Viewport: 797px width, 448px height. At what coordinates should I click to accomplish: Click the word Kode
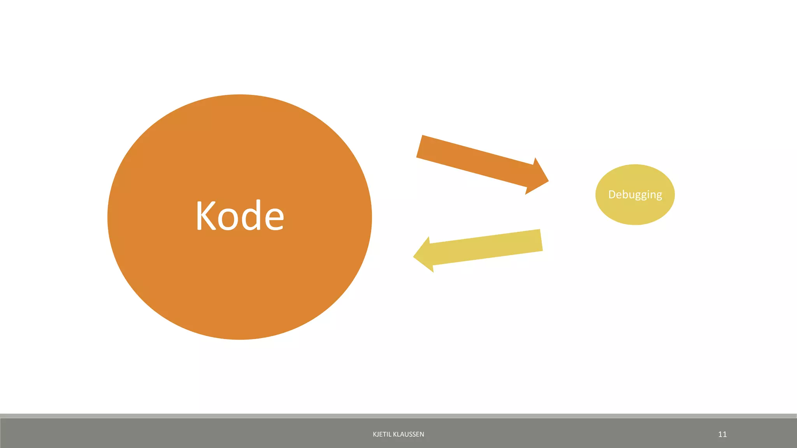(240, 216)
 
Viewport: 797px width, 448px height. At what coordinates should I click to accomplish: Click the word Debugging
(635, 194)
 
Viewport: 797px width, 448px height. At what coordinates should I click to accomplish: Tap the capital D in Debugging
(613, 194)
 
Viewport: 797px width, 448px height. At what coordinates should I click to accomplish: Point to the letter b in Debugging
(627, 194)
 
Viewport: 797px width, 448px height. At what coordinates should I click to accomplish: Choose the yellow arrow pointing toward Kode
(483, 249)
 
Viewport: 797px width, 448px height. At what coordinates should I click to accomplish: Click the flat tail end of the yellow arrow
(541, 240)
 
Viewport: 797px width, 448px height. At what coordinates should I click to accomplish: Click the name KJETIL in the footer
(381, 434)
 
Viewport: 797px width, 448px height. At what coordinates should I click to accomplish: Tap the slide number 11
(722, 434)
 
